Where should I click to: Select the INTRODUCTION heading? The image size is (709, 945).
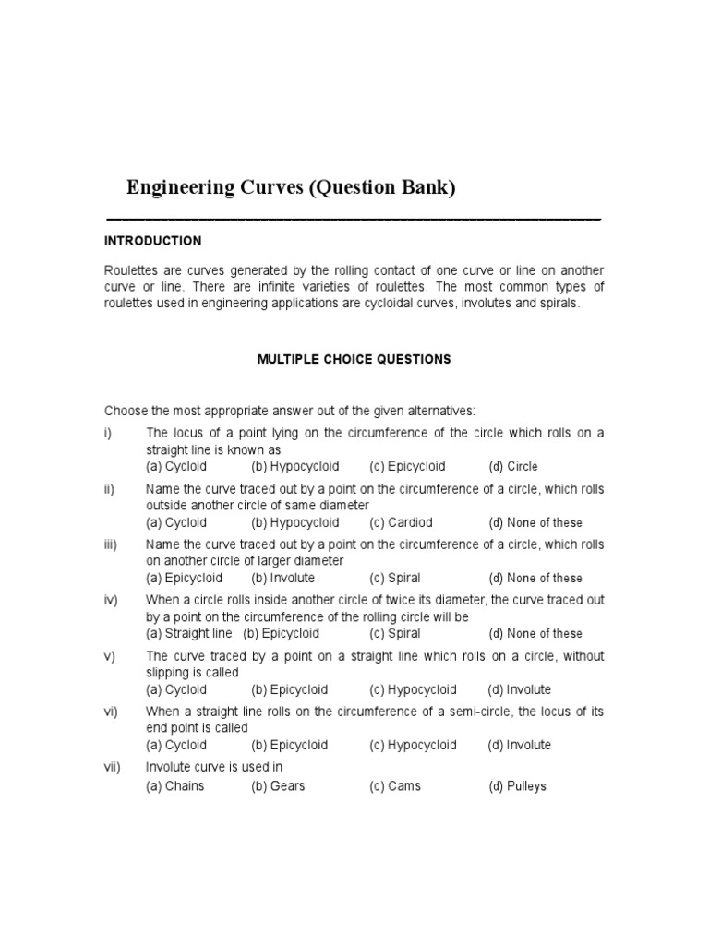(152, 241)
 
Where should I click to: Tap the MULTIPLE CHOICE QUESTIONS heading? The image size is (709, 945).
(354, 359)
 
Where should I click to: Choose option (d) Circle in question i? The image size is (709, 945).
(513, 467)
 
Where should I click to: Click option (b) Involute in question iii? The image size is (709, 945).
(282, 578)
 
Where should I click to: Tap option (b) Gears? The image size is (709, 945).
(278, 786)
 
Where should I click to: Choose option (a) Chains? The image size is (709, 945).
(175, 786)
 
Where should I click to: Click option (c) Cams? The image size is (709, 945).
(395, 786)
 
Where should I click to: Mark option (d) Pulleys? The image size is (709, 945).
(517, 786)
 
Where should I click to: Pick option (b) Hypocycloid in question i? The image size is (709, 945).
(294, 467)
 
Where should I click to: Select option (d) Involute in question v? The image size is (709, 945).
(520, 689)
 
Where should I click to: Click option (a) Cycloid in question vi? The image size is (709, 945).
(176, 745)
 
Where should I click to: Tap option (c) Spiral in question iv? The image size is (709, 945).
(395, 633)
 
